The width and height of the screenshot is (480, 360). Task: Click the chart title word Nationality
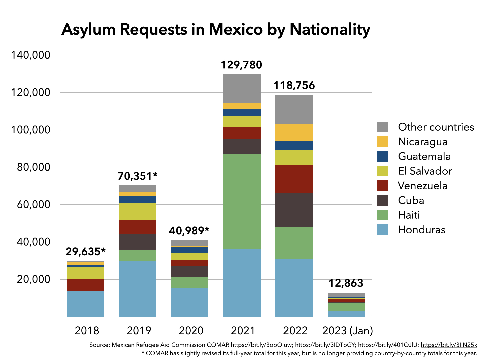330,29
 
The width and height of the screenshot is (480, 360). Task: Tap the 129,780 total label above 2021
241,65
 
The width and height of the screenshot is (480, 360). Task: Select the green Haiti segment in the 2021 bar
242,201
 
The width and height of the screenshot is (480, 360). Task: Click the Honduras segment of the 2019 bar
137,288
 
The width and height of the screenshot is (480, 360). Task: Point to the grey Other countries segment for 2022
294,109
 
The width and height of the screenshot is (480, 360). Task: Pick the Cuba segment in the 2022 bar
294,210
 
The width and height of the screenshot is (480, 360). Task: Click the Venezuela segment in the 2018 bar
85,285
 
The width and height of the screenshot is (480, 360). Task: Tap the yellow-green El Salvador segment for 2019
137,211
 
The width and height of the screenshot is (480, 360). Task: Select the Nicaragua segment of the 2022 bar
294,132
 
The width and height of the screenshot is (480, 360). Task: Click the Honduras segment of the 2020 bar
190,302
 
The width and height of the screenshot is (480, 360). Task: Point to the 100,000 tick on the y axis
31,130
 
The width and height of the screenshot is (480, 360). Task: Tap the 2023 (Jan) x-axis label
347,331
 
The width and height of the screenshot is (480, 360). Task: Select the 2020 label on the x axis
191,331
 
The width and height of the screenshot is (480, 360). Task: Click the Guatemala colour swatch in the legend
382,156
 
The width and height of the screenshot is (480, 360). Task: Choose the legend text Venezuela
423,186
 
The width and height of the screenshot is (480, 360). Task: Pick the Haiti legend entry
409,215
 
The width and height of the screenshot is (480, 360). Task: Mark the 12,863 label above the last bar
346,283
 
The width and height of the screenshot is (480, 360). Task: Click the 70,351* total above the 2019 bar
137,176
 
